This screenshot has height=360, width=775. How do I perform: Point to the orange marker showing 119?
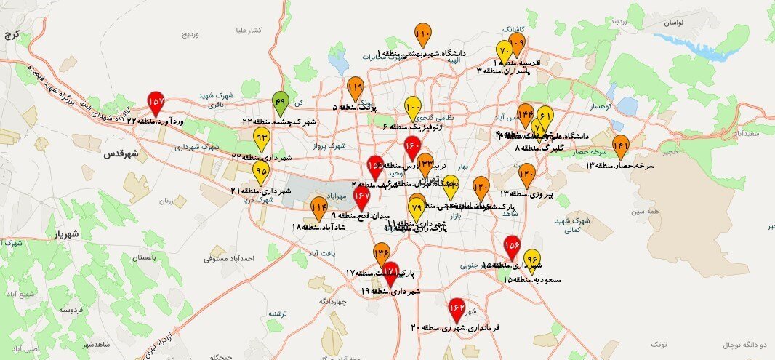[x=355, y=89]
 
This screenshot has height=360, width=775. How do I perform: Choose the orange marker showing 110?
[x=423, y=35]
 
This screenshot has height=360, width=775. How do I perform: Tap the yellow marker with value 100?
[x=412, y=108]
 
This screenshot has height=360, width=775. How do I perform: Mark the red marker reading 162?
[x=457, y=310]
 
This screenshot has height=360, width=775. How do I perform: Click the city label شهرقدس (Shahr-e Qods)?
[x=121, y=154]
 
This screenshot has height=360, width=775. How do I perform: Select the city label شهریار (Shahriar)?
[x=70, y=234]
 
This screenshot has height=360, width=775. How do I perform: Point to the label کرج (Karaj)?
[x=12, y=34]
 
